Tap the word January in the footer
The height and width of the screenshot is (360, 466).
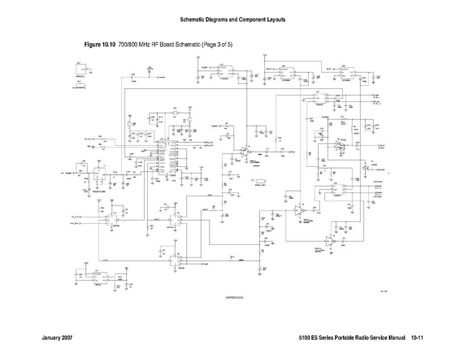tap(52, 339)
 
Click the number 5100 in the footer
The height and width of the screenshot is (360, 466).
tap(304, 339)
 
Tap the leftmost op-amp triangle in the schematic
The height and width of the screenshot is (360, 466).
tap(244, 152)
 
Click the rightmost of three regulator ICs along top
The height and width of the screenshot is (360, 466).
tap(346, 74)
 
